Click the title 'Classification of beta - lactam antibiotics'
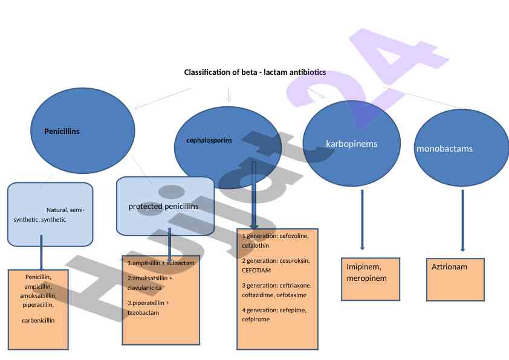[x=254, y=72]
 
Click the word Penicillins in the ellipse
[x=62, y=131]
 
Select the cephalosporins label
[x=209, y=140]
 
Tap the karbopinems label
[x=351, y=144]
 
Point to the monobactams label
[x=444, y=148]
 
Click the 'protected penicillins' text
[x=163, y=207]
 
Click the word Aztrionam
[x=449, y=266]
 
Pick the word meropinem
[x=366, y=278]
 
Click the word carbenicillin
[x=38, y=320]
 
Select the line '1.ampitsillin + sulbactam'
[x=161, y=263]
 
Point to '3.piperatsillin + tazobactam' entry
[x=149, y=307]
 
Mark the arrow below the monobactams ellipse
[x=462, y=220]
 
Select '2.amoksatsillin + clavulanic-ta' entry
[x=150, y=283]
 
